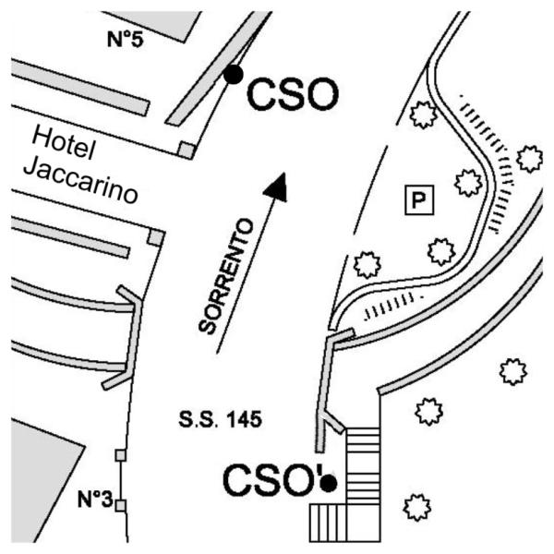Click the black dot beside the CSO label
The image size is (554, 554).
pos(234,75)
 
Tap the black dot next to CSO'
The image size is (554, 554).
pos(328,482)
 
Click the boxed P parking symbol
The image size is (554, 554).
pos(419,200)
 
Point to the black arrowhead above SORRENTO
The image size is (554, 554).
pos(277,187)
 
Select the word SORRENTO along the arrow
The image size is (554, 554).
pos(226,276)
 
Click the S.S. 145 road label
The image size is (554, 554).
pos(220,419)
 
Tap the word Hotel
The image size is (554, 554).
pos(64,143)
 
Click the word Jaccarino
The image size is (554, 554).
pos(80,180)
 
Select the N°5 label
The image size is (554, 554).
pos(126,39)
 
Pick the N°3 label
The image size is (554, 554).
pos(95,500)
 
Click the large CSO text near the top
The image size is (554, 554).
pos(293,94)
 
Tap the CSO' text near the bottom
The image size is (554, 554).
pos(272,480)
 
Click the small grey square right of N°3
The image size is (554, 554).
pos(121,506)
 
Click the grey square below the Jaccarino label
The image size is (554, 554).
pos(156,237)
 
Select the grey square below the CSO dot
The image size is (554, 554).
pos(187,150)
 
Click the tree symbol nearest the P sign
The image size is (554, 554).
pos(468,183)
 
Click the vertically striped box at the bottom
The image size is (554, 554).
pos(328,523)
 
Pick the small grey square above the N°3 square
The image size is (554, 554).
pos(121,455)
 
